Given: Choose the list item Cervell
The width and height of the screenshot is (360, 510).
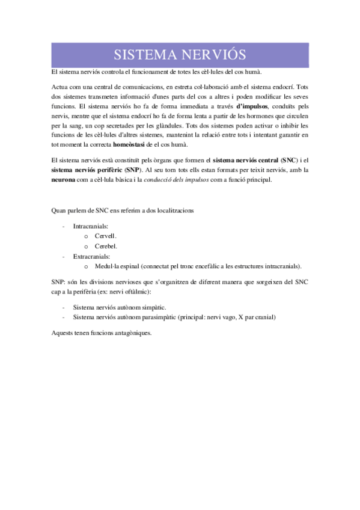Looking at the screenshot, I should click(106, 236).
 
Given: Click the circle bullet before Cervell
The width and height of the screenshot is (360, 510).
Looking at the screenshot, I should click(87, 236).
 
